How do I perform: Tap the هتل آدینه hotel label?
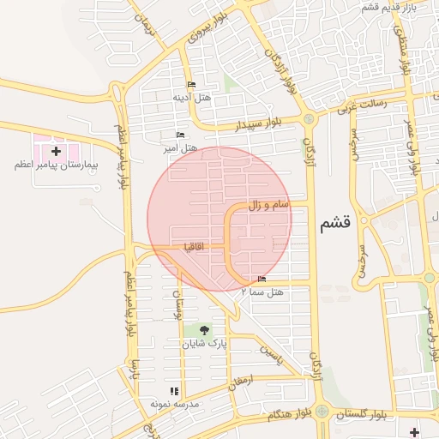pos(192,98)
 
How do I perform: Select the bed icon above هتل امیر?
pos(180,135)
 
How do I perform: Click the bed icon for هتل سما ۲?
pos(262,279)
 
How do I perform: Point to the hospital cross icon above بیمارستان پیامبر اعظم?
pos(56,151)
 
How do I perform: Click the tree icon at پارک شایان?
pos(204,329)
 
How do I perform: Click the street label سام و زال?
pos(270,205)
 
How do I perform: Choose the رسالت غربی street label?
pos(363,105)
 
